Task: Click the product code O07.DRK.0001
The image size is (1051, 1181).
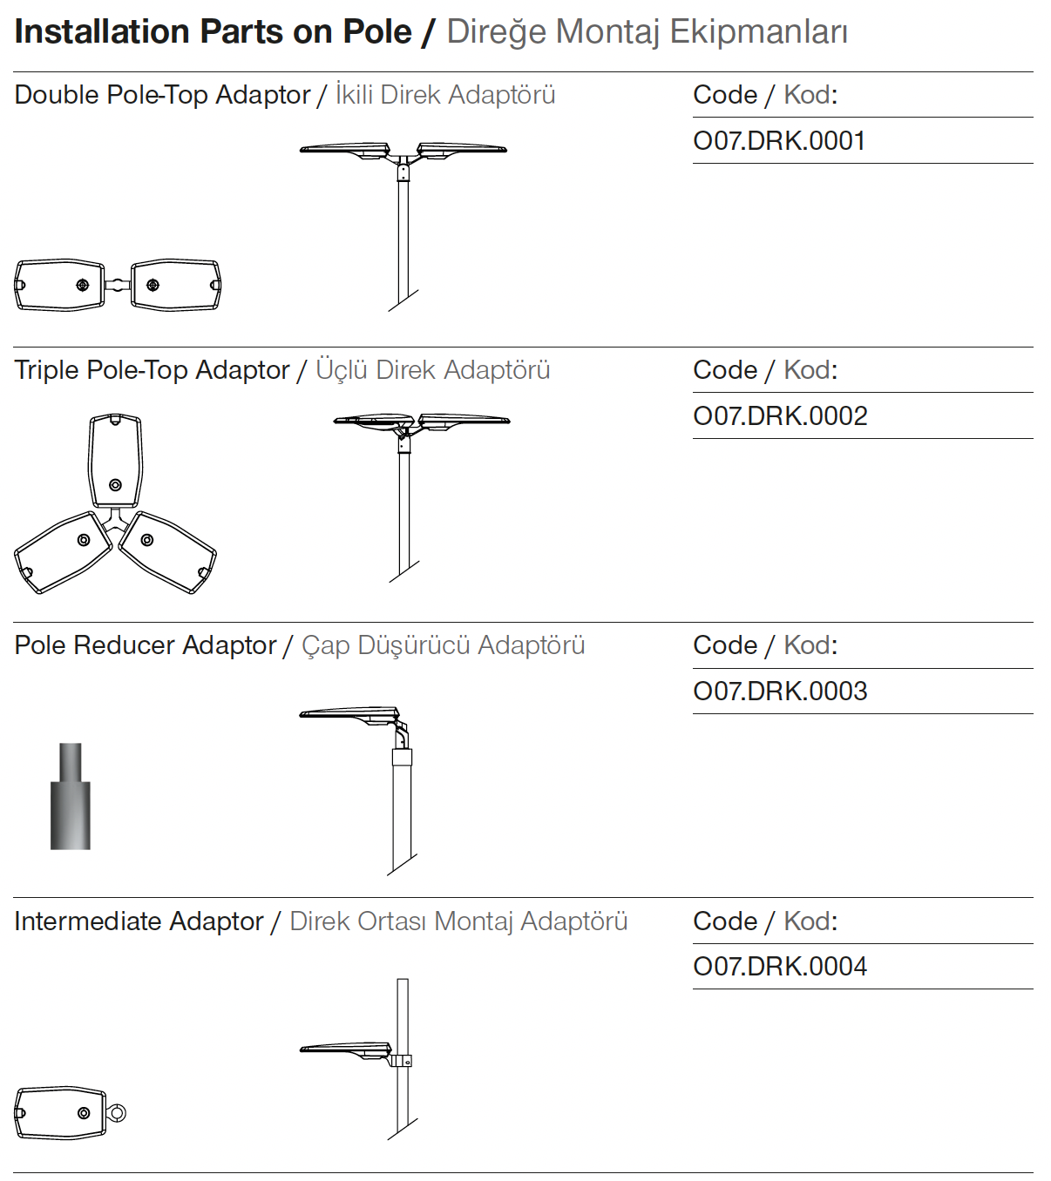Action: pos(779,141)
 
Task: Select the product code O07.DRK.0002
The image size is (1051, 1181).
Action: pos(780,416)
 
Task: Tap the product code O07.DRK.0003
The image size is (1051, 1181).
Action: pos(780,692)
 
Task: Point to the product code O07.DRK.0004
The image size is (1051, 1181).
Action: pos(780,967)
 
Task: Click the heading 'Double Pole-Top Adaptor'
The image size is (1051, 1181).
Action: pos(162,95)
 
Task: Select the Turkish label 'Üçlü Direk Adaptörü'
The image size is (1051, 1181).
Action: pos(432,370)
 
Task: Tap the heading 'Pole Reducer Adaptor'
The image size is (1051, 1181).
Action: pos(145,645)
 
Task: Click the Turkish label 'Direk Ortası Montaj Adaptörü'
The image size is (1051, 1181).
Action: pos(458,921)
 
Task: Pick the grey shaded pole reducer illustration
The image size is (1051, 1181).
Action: pos(71,796)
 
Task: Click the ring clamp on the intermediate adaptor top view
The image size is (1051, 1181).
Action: pos(117,1113)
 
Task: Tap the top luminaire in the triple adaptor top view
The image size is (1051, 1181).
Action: pos(115,460)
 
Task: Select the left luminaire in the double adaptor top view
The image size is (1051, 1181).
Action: pos(59,285)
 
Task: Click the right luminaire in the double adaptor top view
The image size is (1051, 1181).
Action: pos(176,285)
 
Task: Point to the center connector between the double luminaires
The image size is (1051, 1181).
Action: pos(118,285)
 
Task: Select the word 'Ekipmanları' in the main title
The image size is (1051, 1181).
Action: pos(758,32)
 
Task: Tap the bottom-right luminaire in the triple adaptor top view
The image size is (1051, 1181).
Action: pos(167,552)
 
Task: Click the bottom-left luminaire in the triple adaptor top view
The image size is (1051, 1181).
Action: pos(63,552)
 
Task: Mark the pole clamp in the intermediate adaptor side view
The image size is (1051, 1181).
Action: pos(401,1061)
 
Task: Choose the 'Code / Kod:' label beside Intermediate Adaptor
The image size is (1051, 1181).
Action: pos(765,921)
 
